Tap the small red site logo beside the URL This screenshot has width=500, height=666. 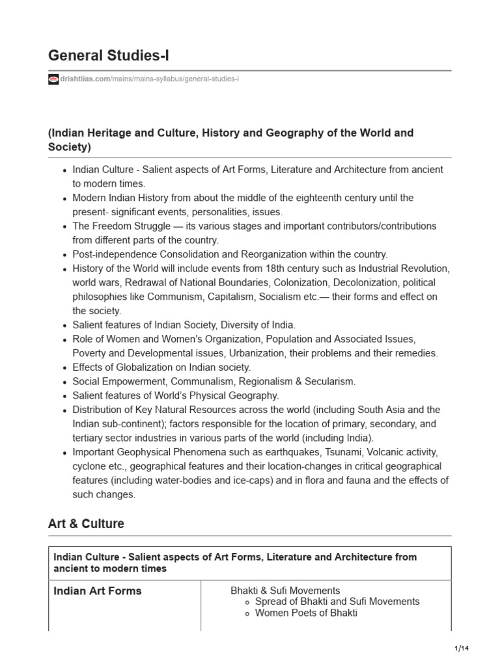(53, 79)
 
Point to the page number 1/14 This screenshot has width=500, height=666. (462, 649)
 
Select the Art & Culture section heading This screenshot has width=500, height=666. (86, 524)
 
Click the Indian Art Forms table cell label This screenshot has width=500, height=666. (98, 591)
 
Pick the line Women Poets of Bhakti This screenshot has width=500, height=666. (306, 613)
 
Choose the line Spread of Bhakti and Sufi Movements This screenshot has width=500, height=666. (337, 602)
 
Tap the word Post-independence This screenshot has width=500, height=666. (113, 254)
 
